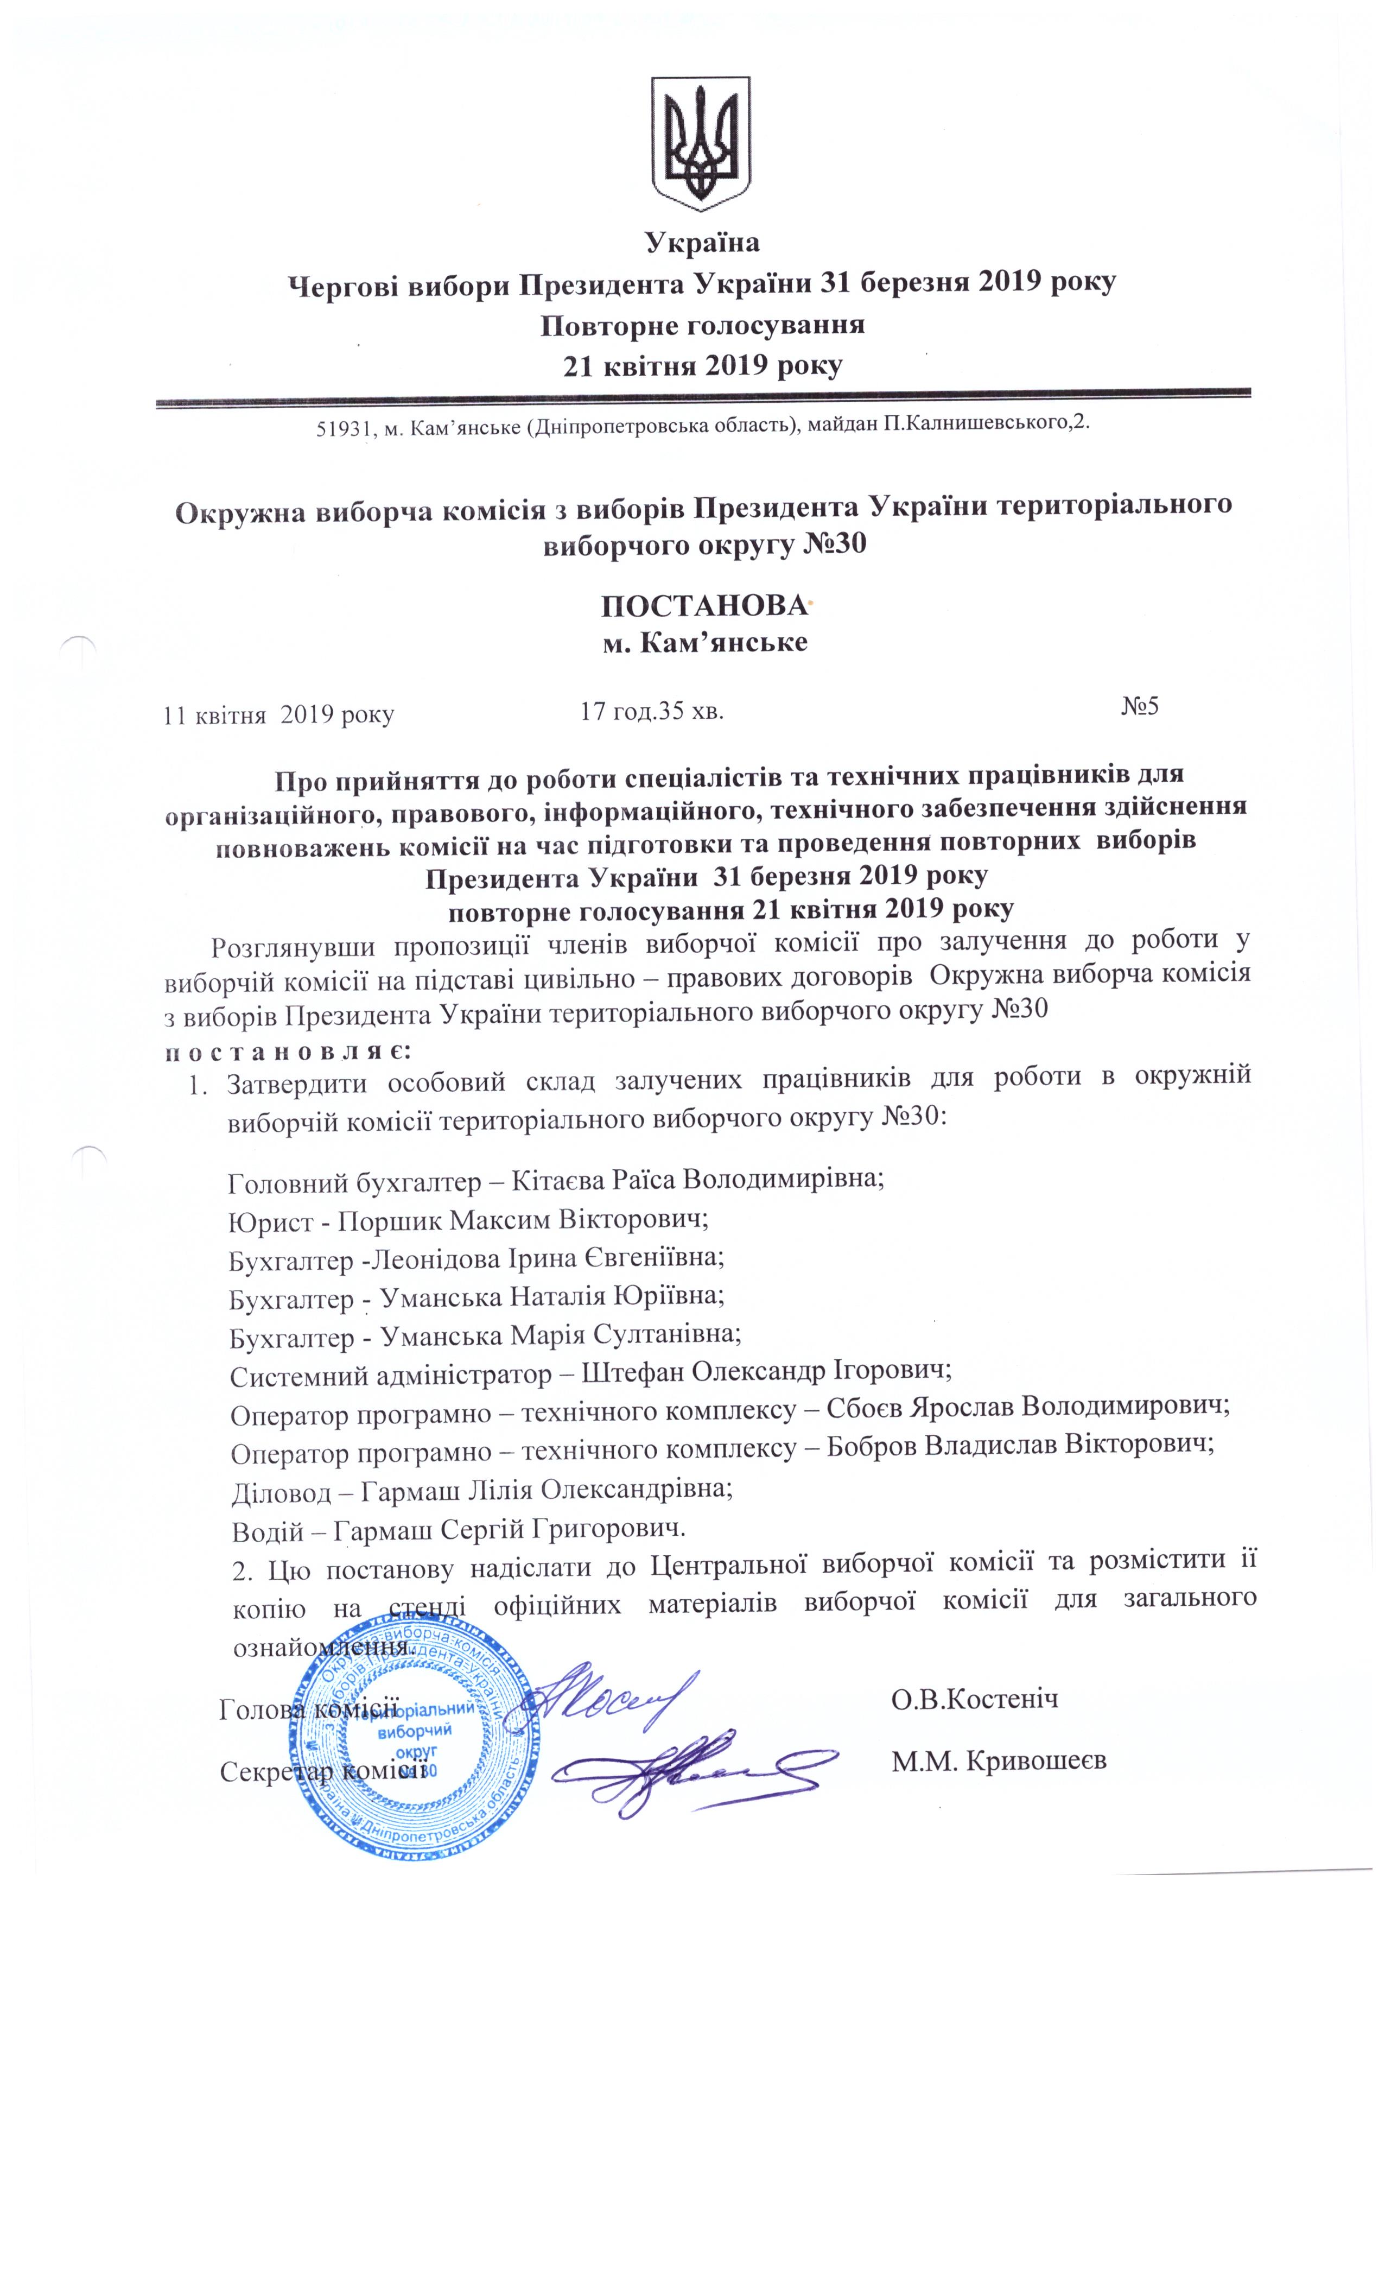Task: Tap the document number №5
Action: coord(1140,707)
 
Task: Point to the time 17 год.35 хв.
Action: coord(650,711)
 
